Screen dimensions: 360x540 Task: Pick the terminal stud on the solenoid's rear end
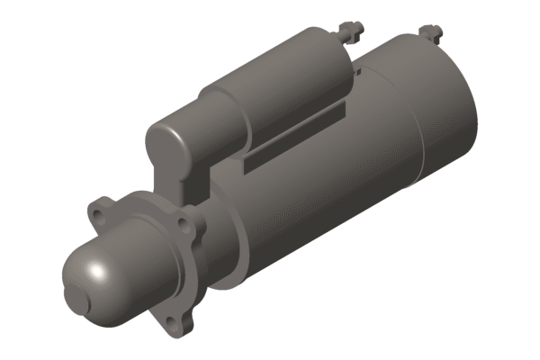[350, 31]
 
